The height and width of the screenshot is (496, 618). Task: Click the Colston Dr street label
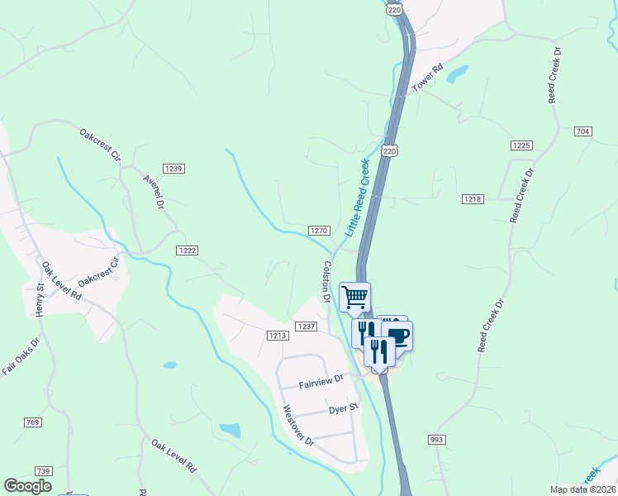pos(327,281)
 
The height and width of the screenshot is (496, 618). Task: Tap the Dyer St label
pos(342,408)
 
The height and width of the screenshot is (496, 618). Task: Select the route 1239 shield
pos(174,168)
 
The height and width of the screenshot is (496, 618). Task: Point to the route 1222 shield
pos(187,250)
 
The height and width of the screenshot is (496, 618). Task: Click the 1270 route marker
pos(320,231)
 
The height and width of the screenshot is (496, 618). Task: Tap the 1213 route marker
pos(278,335)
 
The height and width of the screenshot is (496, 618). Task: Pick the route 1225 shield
pos(521,145)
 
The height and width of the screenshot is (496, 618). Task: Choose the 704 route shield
pos(583,131)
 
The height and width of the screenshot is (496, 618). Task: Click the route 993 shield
pos(437,439)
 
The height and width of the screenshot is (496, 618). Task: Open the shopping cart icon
pos(355,296)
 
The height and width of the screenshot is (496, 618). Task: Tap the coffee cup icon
pos(397,336)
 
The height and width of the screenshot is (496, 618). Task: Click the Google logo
pos(28,486)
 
